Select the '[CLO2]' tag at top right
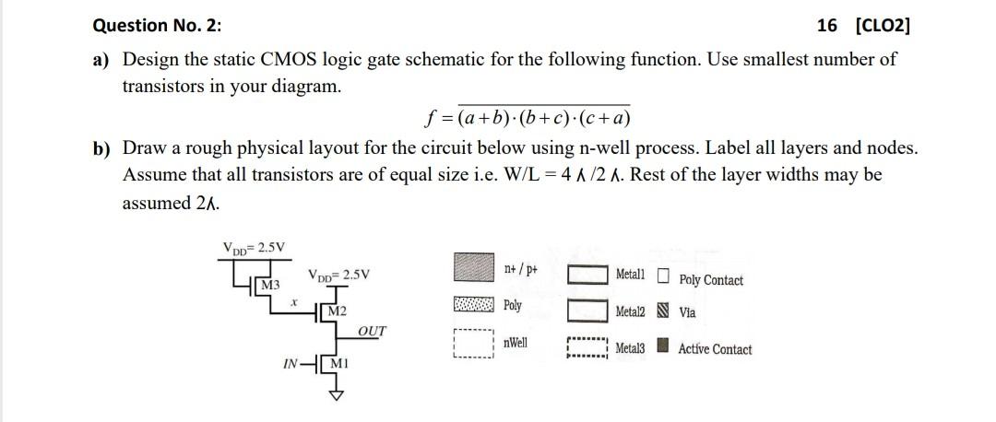[883, 26]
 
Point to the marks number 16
[827, 26]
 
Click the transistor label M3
[270, 283]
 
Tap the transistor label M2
[337, 311]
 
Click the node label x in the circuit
[293, 300]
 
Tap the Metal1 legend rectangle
[587, 275]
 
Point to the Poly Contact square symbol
[664, 275]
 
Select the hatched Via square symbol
[664, 312]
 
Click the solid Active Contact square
[664, 347]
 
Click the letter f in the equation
[429, 119]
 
